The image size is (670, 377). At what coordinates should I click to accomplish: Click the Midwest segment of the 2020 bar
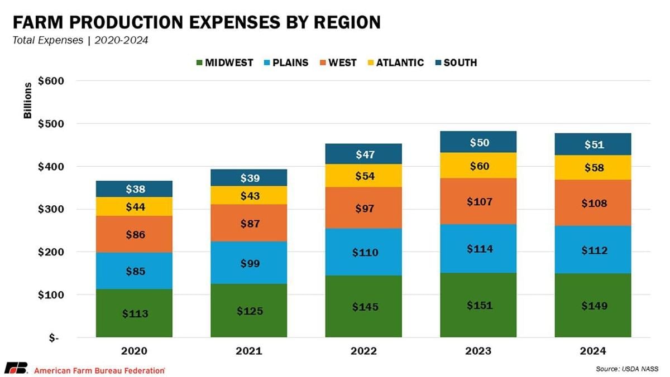(x=135, y=313)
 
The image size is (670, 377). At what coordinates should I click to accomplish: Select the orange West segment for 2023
(x=478, y=201)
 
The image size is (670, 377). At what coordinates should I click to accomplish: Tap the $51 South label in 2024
(x=593, y=144)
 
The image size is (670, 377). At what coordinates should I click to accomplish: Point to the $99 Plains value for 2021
(x=249, y=263)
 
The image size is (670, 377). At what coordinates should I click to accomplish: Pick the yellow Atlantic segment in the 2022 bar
(x=363, y=176)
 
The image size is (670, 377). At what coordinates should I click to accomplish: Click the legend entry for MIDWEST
(x=223, y=62)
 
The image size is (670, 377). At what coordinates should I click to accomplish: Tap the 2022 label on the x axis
(x=363, y=351)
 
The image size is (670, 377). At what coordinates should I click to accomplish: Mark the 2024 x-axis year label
(x=593, y=351)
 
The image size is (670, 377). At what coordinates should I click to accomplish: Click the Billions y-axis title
(x=27, y=101)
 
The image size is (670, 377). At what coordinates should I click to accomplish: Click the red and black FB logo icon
(x=15, y=369)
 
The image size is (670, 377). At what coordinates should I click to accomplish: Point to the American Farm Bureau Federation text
(x=99, y=370)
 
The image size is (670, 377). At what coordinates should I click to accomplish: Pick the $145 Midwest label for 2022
(x=363, y=307)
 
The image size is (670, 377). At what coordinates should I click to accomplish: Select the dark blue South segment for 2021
(x=249, y=178)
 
